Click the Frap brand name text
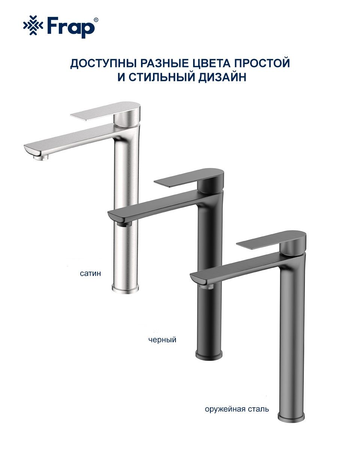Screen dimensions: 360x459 70,27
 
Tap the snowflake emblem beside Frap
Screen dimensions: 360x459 33,25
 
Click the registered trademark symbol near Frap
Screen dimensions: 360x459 96,19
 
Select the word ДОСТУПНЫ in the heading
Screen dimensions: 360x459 104,63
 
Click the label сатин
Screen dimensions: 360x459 90,274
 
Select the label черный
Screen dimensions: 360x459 162,340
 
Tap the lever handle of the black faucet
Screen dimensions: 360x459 189,178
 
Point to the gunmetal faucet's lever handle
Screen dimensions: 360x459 271,239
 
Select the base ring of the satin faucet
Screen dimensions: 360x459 125,289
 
